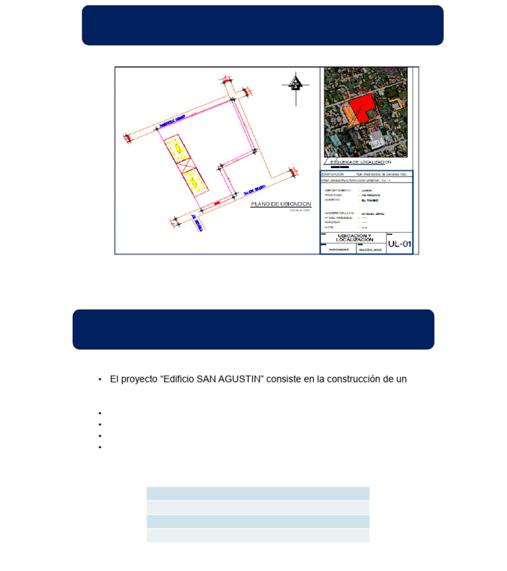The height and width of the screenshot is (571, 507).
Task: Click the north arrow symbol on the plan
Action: [296, 84]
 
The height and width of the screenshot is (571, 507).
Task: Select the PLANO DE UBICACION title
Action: [281, 204]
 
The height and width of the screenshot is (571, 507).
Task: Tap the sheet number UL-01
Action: [399, 244]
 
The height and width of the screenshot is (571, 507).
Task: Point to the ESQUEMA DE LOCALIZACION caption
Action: [360, 162]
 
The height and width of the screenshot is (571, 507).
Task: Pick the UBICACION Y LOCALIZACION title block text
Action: [355, 238]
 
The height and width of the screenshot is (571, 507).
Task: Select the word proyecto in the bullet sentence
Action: [139, 379]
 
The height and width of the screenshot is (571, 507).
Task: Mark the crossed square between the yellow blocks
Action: [186, 165]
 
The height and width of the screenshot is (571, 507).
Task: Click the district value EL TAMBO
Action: [370, 200]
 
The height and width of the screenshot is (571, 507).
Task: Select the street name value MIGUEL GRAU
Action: [372, 214]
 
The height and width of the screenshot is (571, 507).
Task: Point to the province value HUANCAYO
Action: [370, 195]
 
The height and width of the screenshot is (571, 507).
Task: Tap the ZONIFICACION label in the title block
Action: [333, 174]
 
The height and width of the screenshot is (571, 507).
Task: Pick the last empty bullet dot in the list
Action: [100, 447]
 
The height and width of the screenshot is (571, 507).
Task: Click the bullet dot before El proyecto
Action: [100, 380]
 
